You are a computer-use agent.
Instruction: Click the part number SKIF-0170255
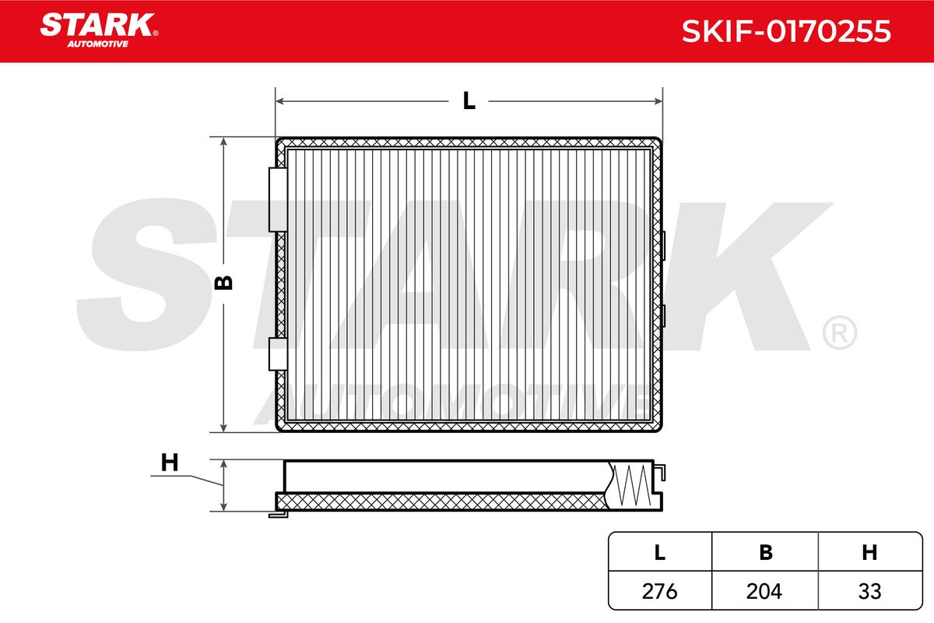pyautogui.click(x=786, y=31)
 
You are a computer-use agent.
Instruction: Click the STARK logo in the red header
pyautogui.click(x=99, y=25)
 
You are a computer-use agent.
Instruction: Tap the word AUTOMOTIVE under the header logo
pyautogui.click(x=98, y=44)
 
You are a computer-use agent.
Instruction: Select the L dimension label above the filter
pyautogui.click(x=469, y=101)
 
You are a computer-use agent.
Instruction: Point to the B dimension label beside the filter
pyautogui.click(x=223, y=283)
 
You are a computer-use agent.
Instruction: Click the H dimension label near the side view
pyautogui.click(x=170, y=463)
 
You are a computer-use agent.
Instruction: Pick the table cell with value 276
pyautogui.click(x=660, y=591)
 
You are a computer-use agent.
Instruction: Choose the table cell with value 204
pyautogui.click(x=764, y=591)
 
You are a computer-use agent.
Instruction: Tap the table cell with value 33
pyautogui.click(x=870, y=591)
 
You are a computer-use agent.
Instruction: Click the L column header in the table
pyautogui.click(x=660, y=552)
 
